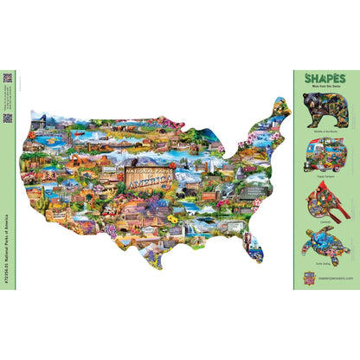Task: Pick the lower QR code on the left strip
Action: click(x=6, y=118)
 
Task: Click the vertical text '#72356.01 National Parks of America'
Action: click(x=6, y=251)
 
